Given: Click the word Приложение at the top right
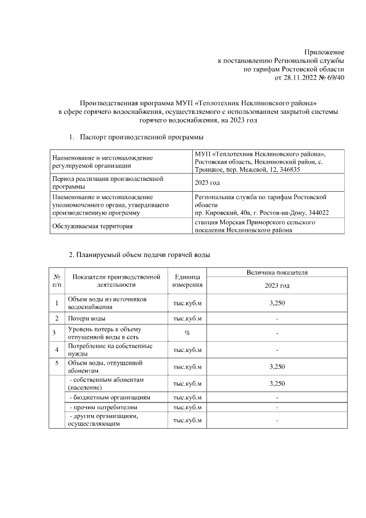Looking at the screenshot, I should tap(324, 52).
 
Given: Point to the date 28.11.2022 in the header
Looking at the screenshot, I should tap(300, 77).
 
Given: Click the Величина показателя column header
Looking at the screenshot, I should tap(277, 272).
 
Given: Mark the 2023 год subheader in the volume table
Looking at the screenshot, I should tap(277, 285).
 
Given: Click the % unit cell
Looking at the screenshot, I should tap(186, 333).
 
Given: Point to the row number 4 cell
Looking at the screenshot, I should tap(56, 350).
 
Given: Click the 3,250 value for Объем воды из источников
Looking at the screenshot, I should tap(277, 303).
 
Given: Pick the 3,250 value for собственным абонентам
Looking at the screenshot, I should tap(277, 383).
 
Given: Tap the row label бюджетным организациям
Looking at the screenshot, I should tap(109, 397).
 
